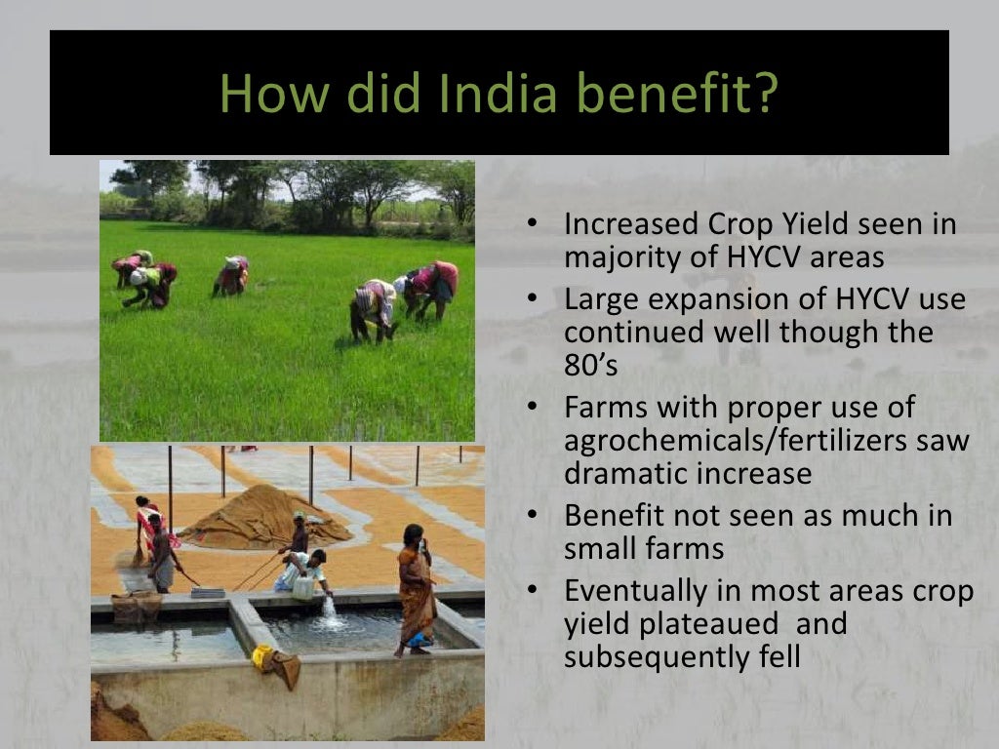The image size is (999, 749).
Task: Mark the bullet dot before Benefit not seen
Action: pyautogui.click(x=532, y=516)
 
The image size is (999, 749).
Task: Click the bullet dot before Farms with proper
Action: pyautogui.click(x=532, y=407)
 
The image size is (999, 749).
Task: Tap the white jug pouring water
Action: pyautogui.click(x=303, y=587)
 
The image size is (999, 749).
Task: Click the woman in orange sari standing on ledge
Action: pyautogui.click(x=417, y=590)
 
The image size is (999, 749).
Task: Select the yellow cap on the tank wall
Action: pyautogui.click(x=262, y=656)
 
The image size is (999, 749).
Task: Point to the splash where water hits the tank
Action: pyautogui.click(x=330, y=613)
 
